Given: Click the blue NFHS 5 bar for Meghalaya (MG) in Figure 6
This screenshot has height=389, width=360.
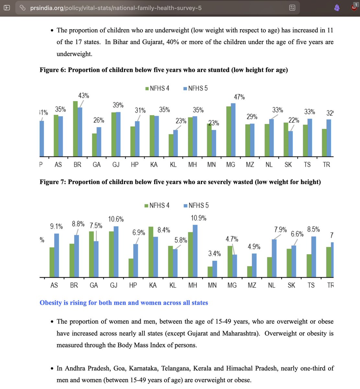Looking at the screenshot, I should (233, 130).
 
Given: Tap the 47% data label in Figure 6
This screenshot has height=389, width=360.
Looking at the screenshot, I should (239, 97).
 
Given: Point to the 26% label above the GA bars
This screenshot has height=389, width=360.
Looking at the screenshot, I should (99, 120).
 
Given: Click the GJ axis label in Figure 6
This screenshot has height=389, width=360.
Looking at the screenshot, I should (116, 165).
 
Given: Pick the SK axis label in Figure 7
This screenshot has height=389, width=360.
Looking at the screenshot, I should (291, 285).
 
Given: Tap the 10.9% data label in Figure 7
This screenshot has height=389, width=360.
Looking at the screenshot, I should (198, 218).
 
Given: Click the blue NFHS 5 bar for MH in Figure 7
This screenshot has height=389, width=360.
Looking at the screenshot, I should (195, 251).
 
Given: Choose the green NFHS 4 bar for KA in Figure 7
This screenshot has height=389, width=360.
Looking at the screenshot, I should (151, 252).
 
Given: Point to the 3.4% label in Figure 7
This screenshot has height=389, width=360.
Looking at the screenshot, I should (215, 253).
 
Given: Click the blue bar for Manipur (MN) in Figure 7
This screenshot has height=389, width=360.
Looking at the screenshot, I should (215, 269).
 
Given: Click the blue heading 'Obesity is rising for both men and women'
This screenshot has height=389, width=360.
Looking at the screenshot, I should (124, 303).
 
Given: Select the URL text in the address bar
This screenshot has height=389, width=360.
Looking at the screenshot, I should (116, 8).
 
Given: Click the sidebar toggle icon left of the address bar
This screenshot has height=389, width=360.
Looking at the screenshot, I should (7, 8).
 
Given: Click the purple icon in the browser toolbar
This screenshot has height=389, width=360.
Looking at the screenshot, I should (337, 8).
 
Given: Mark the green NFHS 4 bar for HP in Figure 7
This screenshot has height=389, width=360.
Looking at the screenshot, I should (131, 268).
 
